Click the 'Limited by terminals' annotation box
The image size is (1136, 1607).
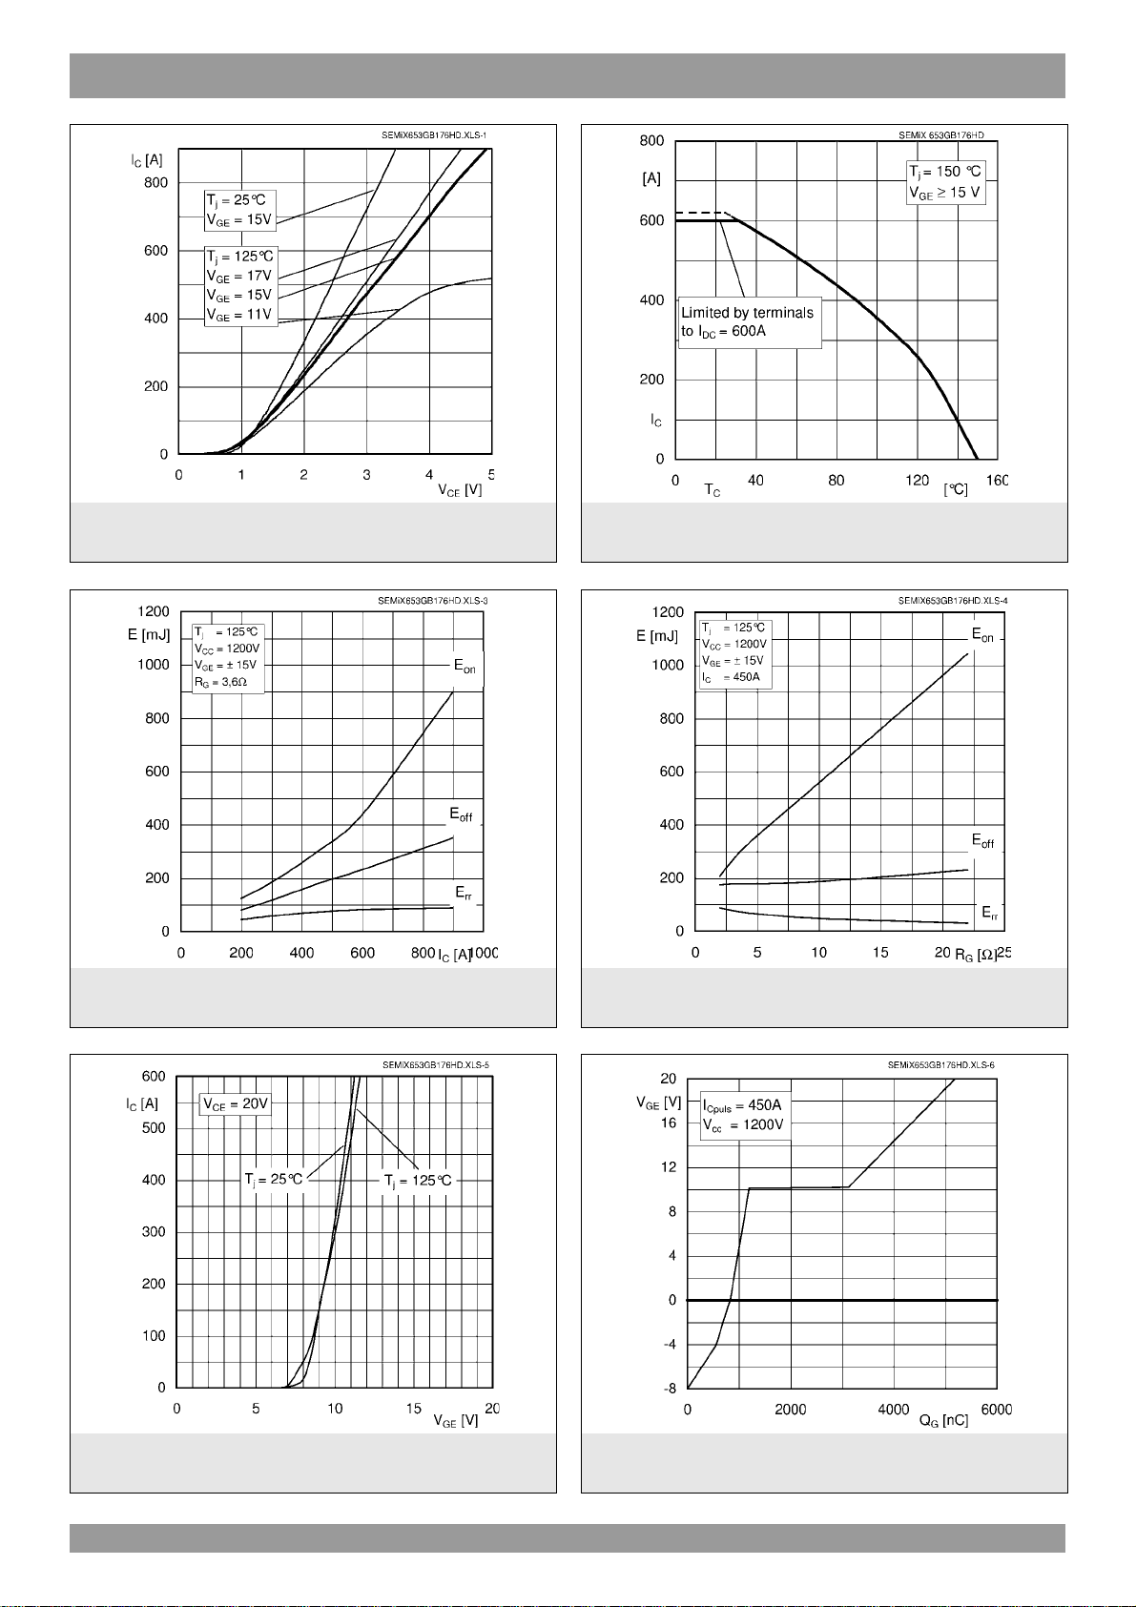[x=750, y=322]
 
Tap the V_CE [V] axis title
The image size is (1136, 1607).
[x=460, y=491]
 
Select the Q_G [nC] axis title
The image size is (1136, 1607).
[x=943, y=1421]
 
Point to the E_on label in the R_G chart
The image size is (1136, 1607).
[x=983, y=635]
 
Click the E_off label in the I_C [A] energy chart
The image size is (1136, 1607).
[x=462, y=815]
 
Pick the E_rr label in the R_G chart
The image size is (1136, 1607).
[x=990, y=914]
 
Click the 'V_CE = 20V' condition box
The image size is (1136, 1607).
[x=236, y=1104]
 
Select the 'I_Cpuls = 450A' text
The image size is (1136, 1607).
[x=742, y=1105]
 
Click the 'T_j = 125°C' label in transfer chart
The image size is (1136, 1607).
[x=418, y=1181]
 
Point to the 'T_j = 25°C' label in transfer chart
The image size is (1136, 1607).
[x=274, y=1180]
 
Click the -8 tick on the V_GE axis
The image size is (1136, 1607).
[x=671, y=1389]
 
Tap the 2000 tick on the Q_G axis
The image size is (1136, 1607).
[x=790, y=1411]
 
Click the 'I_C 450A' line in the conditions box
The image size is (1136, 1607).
[x=732, y=677]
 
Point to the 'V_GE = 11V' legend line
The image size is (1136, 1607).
[x=239, y=316]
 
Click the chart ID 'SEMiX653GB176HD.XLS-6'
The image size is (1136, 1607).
[x=940, y=1065]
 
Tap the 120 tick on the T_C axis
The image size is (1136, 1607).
[x=917, y=481]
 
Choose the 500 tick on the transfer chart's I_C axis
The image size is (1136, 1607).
[x=154, y=1128]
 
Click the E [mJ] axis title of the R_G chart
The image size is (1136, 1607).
[x=657, y=637]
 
